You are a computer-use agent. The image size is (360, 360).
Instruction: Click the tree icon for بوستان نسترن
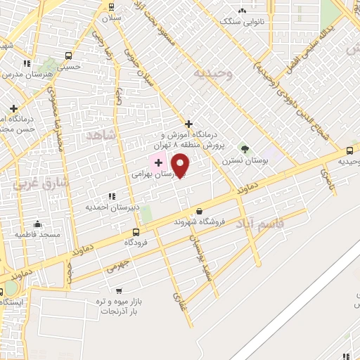tap(245, 149)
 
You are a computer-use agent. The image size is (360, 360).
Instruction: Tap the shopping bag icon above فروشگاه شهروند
tap(200, 211)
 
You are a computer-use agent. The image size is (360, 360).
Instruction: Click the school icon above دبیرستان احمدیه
tap(110, 196)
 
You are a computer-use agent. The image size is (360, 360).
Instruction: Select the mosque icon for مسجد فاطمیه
tap(37, 224)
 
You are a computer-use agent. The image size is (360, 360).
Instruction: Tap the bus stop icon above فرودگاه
tap(136, 231)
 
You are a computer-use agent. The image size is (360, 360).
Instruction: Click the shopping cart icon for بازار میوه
tap(118, 290)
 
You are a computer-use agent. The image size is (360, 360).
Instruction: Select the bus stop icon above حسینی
tap(68, 56)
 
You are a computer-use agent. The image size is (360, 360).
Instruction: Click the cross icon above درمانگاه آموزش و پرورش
tap(188, 124)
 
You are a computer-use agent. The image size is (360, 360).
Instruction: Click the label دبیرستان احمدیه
tap(110, 207)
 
